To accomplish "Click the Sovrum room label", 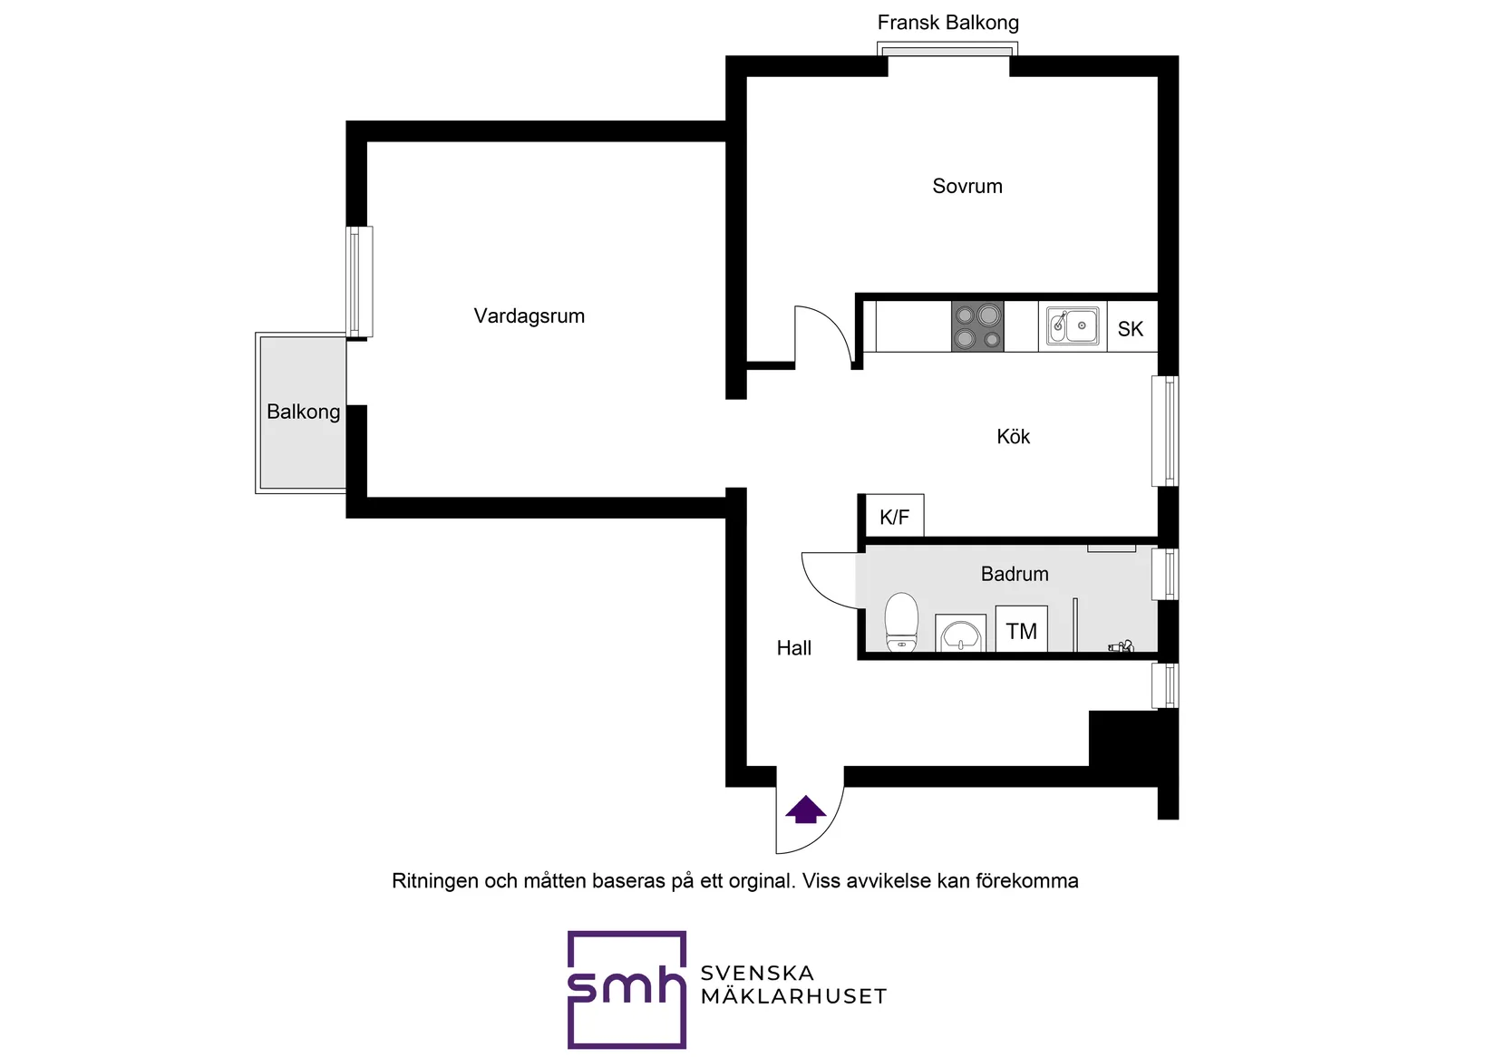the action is coord(967,187).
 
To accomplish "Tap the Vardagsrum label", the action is coord(529,315).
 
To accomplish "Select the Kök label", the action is coord(1013,437).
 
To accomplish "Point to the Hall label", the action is coord(793,647).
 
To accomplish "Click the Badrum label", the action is coord(1015,574).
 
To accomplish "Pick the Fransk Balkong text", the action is coord(947,23).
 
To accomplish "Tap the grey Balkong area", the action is coord(301,412).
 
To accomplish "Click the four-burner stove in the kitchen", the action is coord(977,325).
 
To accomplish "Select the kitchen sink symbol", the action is coord(1072,325).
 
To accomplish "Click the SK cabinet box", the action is coord(1132,327).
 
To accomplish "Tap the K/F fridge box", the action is coord(894,516).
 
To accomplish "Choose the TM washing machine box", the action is coord(1021,628).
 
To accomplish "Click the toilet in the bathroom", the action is coord(901,622).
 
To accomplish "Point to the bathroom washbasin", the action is coord(960,633).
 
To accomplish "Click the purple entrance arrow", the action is coord(805,810).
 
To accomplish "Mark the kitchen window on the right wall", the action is coord(1165,431).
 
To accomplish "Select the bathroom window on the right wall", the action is coord(1165,574).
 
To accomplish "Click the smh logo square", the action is coord(627,990).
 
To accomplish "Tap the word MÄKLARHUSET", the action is coord(793,997).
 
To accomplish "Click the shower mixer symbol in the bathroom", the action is coord(1122,645).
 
